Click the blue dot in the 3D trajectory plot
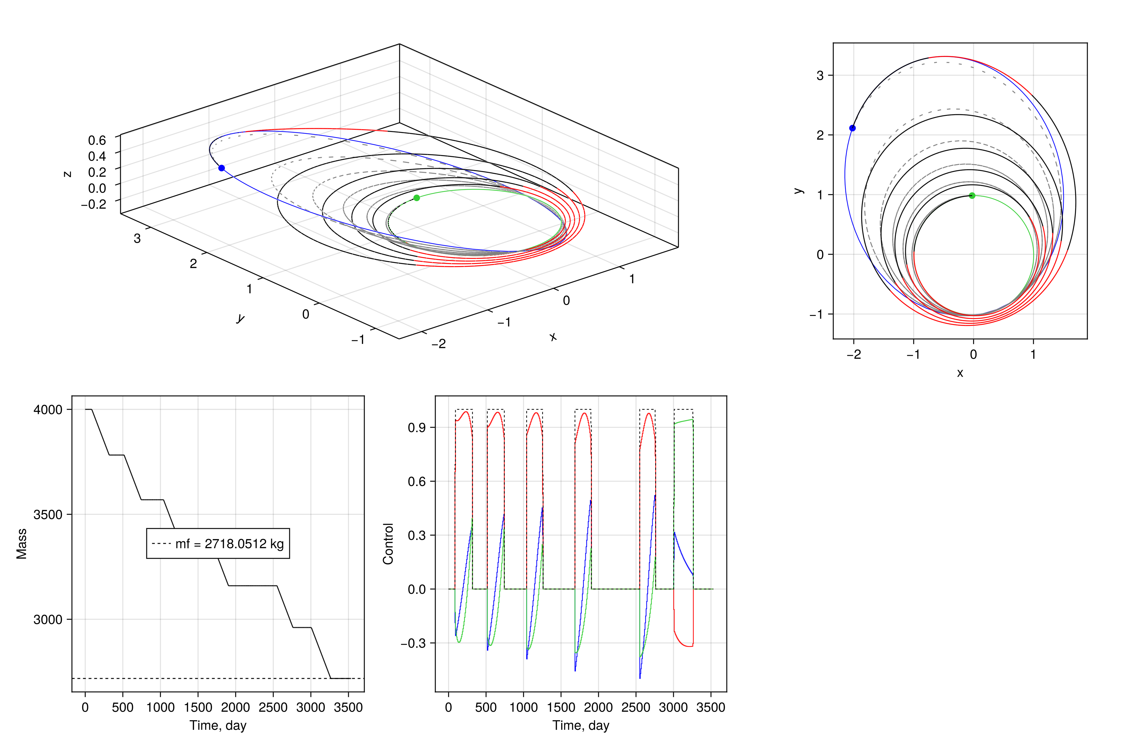tap(222, 168)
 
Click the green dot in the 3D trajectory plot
tap(417, 198)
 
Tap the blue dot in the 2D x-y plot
tap(852, 128)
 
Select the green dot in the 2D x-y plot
tap(972, 195)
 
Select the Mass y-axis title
tap(21, 543)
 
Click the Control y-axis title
tap(388, 543)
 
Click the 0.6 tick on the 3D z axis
tap(97, 140)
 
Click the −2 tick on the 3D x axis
tap(438, 344)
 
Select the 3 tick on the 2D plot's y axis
tap(820, 75)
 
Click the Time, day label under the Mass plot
tap(218, 725)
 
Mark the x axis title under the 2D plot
tap(960, 373)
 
